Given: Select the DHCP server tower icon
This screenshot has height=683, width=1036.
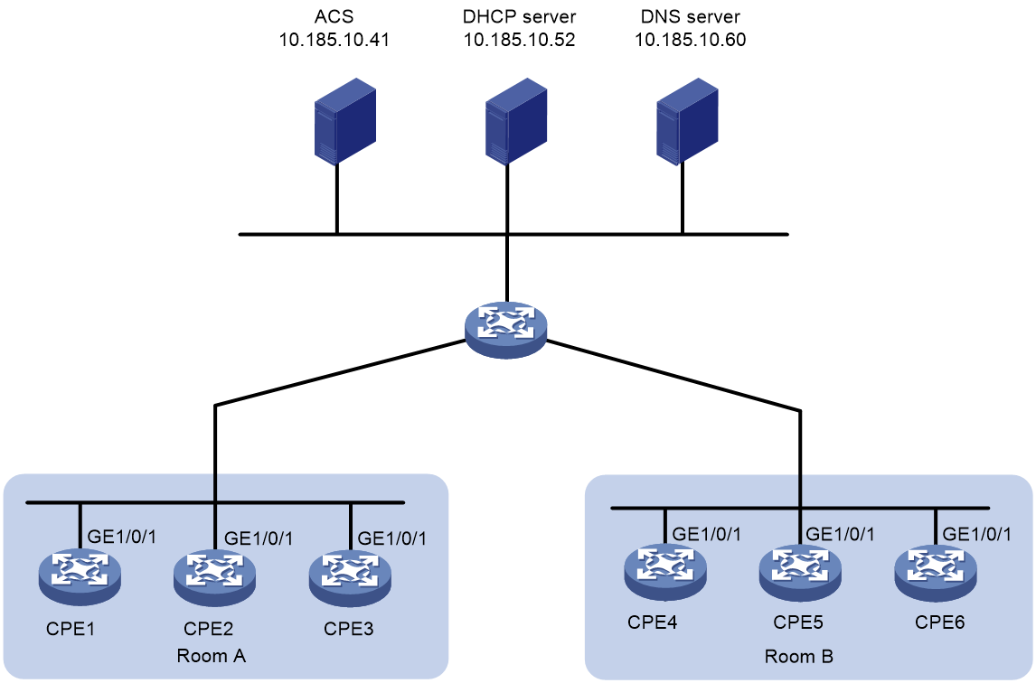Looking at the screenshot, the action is click(x=516, y=120).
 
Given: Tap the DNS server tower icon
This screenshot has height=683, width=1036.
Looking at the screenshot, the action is click(x=687, y=120).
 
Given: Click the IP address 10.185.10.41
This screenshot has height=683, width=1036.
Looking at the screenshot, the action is click(x=334, y=40).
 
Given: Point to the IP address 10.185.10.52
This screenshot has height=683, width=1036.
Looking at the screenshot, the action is click(x=519, y=40).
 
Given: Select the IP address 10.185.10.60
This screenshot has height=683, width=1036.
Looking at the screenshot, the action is click(x=691, y=40).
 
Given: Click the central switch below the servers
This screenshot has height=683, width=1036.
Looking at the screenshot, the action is click(x=506, y=331).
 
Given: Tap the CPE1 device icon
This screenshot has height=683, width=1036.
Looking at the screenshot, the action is click(x=80, y=576).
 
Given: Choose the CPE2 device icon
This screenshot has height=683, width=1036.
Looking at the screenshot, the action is click(x=215, y=576).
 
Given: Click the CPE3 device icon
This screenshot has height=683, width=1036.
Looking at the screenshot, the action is click(x=350, y=576).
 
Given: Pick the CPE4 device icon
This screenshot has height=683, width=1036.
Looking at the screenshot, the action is click(x=665, y=572).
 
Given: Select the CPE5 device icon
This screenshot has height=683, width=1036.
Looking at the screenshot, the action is click(x=800, y=572).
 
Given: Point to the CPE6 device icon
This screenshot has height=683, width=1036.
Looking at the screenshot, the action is click(x=936, y=572).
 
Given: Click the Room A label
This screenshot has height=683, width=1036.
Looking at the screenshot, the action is click(x=212, y=656).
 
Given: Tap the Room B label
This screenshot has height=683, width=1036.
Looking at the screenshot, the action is click(x=799, y=657).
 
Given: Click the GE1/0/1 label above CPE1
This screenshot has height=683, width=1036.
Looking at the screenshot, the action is click(x=122, y=537).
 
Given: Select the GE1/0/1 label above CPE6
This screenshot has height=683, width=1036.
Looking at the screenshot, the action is click(x=976, y=534).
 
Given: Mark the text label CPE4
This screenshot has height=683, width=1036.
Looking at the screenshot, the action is click(x=653, y=622).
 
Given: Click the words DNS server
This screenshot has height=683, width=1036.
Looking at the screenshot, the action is click(x=691, y=16).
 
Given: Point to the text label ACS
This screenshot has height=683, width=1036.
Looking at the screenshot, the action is click(x=334, y=16).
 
